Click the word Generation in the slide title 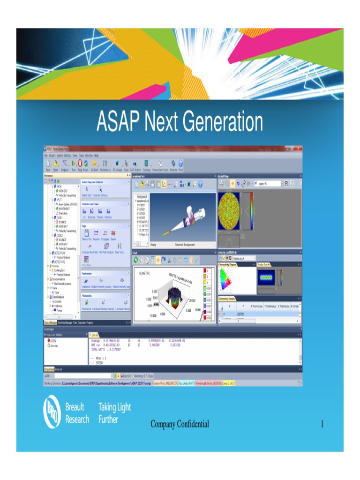[x=222, y=123]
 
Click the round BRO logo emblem [x=52, y=411]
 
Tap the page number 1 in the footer [x=322, y=424]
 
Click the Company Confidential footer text [x=180, y=424]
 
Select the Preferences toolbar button [x=105, y=165]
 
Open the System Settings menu [x=64, y=155]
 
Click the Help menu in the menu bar [x=96, y=155]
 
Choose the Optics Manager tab [x=50, y=322]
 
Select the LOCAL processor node [x=52, y=341]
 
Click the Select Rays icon [x=86, y=190]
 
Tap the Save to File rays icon [x=86, y=233]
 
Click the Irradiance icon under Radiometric [x=86, y=281]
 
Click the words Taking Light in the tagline [x=114, y=407]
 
